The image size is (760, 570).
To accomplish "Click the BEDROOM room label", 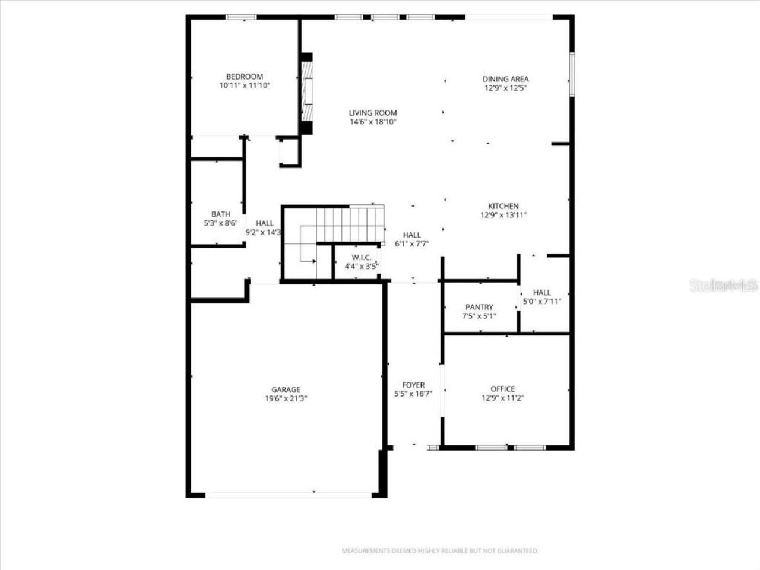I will [245, 77].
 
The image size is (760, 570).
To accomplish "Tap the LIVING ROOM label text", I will [373, 113].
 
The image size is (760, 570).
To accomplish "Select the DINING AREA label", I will [505, 79].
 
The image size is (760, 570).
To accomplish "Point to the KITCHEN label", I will [503, 206].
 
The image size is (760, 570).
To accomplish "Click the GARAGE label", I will [286, 389].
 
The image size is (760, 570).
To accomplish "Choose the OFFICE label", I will [502, 389].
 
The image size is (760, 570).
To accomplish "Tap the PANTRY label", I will [479, 307].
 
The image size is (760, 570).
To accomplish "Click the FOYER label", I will [413, 385].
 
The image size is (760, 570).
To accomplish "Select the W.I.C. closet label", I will [362, 257].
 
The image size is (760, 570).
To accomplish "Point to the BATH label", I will [221, 214].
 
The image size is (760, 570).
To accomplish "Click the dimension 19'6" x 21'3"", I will [286, 399].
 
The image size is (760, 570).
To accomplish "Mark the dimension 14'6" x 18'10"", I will [373, 122].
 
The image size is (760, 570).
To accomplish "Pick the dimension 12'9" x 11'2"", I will [502, 398].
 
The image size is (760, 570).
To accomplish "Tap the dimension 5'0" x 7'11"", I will [541, 302].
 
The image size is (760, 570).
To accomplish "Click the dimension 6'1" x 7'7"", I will [412, 244].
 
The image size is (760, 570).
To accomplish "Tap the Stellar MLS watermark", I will [724, 286].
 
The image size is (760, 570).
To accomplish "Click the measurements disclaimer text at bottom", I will [440, 551].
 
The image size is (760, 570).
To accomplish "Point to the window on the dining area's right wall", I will [572, 74].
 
